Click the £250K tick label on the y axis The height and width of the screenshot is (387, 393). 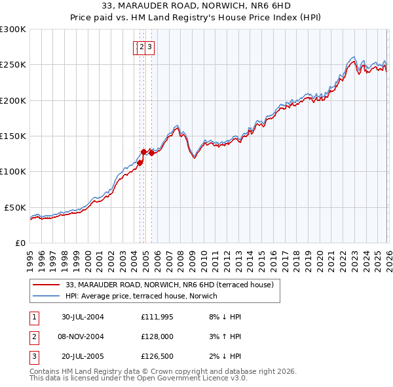12,65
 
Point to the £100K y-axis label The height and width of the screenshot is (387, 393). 12,171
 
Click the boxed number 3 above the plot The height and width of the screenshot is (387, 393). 150,47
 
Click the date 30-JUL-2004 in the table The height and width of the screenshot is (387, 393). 83,317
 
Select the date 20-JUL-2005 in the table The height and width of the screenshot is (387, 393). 83,357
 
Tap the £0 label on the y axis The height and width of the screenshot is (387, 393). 19,243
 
